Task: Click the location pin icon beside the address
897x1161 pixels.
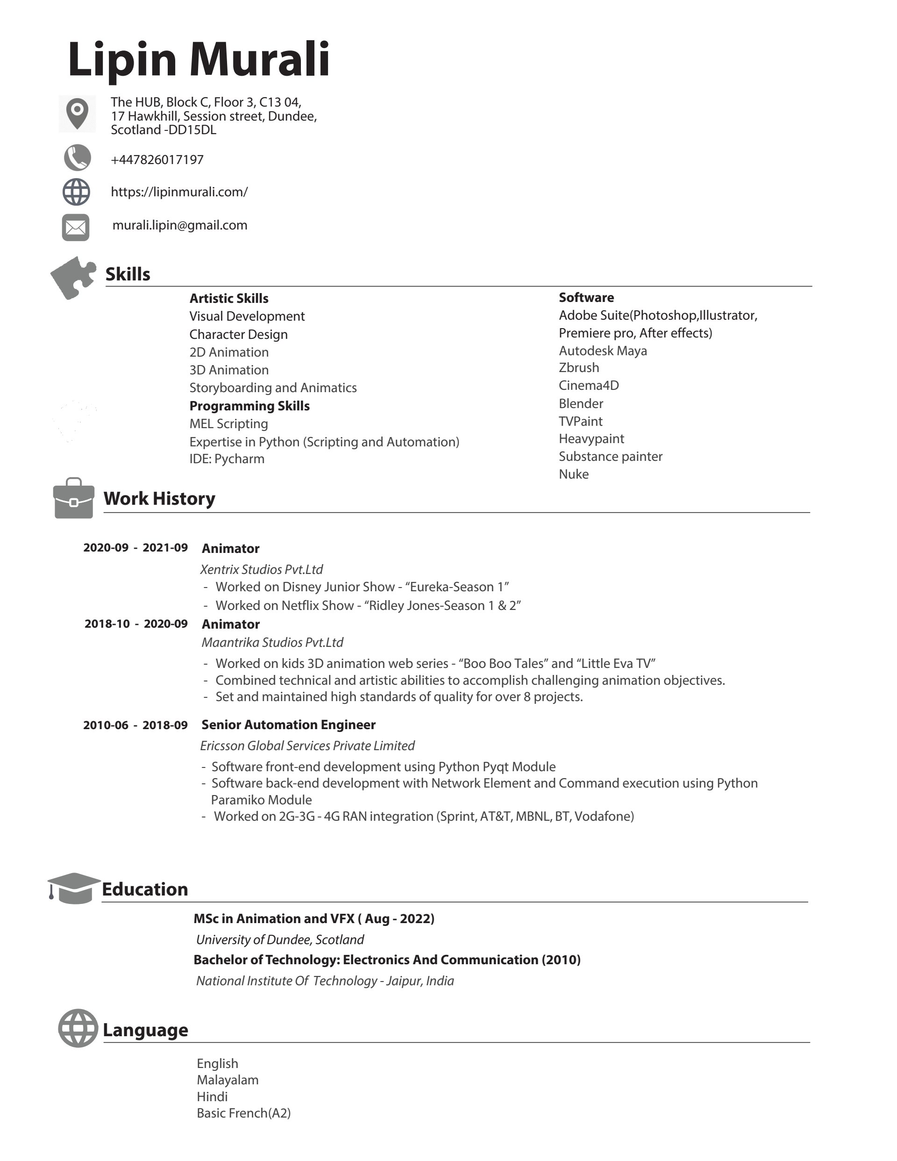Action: coord(77,113)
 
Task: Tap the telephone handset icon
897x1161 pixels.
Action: coord(77,158)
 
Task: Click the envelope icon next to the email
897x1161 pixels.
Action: coord(76,228)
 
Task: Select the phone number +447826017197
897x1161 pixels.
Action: coord(157,160)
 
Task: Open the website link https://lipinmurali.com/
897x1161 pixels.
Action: coord(179,192)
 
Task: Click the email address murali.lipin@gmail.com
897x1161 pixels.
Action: coord(179,225)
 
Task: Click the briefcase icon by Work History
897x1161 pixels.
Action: coord(74,499)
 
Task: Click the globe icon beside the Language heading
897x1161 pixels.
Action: coord(78,1028)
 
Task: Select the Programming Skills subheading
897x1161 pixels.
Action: coord(249,406)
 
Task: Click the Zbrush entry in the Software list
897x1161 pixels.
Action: coord(579,368)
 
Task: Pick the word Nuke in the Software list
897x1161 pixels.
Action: coord(573,474)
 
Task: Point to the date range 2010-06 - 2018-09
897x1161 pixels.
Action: coord(135,725)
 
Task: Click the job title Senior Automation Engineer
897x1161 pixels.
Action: coord(289,725)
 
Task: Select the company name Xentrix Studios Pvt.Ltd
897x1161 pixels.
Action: coord(262,570)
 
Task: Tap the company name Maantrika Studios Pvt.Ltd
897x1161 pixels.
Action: coord(272,643)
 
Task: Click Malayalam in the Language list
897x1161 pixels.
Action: coord(228,1080)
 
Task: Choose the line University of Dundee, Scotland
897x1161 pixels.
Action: coord(280,940)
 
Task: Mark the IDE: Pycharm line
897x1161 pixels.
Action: coord(227,459)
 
